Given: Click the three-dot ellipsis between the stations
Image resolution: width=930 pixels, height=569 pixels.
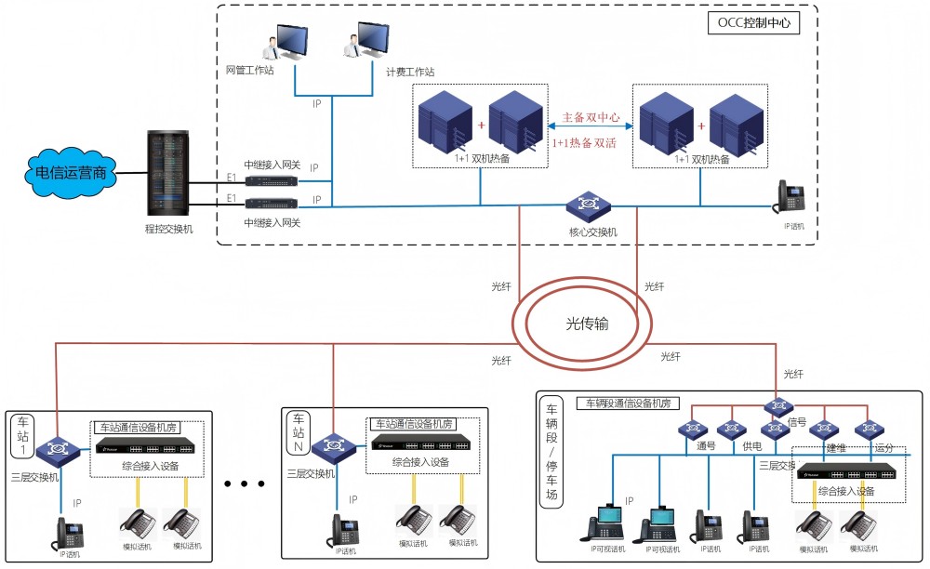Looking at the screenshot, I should point(246,484).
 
